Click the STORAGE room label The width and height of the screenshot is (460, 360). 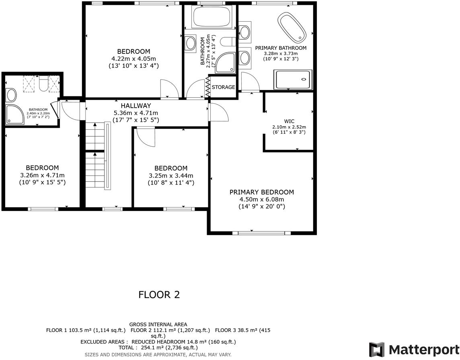[x=223, y=87]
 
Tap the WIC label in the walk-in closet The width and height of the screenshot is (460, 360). [x=290, y=120]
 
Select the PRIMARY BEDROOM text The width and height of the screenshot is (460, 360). [x=261, y=192]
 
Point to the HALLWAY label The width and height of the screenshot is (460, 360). [x=136, y=106]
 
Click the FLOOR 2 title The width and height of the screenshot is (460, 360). [x=159, y=295]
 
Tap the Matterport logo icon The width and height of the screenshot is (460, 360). [x=376, y=350]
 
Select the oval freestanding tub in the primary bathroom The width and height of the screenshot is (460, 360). [x=292, y=27]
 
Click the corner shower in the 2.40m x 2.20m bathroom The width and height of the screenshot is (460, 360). [x=15, y=115]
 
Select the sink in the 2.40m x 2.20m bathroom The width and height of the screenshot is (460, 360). [x=11, y=95]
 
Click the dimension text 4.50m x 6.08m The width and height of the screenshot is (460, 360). [x=261, y=200]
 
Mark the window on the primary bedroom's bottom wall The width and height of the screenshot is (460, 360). [x=264, y=232]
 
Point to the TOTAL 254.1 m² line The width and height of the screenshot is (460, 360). [x=158, y=348]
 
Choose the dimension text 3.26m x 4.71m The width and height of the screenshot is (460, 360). [x=42, y=175]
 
